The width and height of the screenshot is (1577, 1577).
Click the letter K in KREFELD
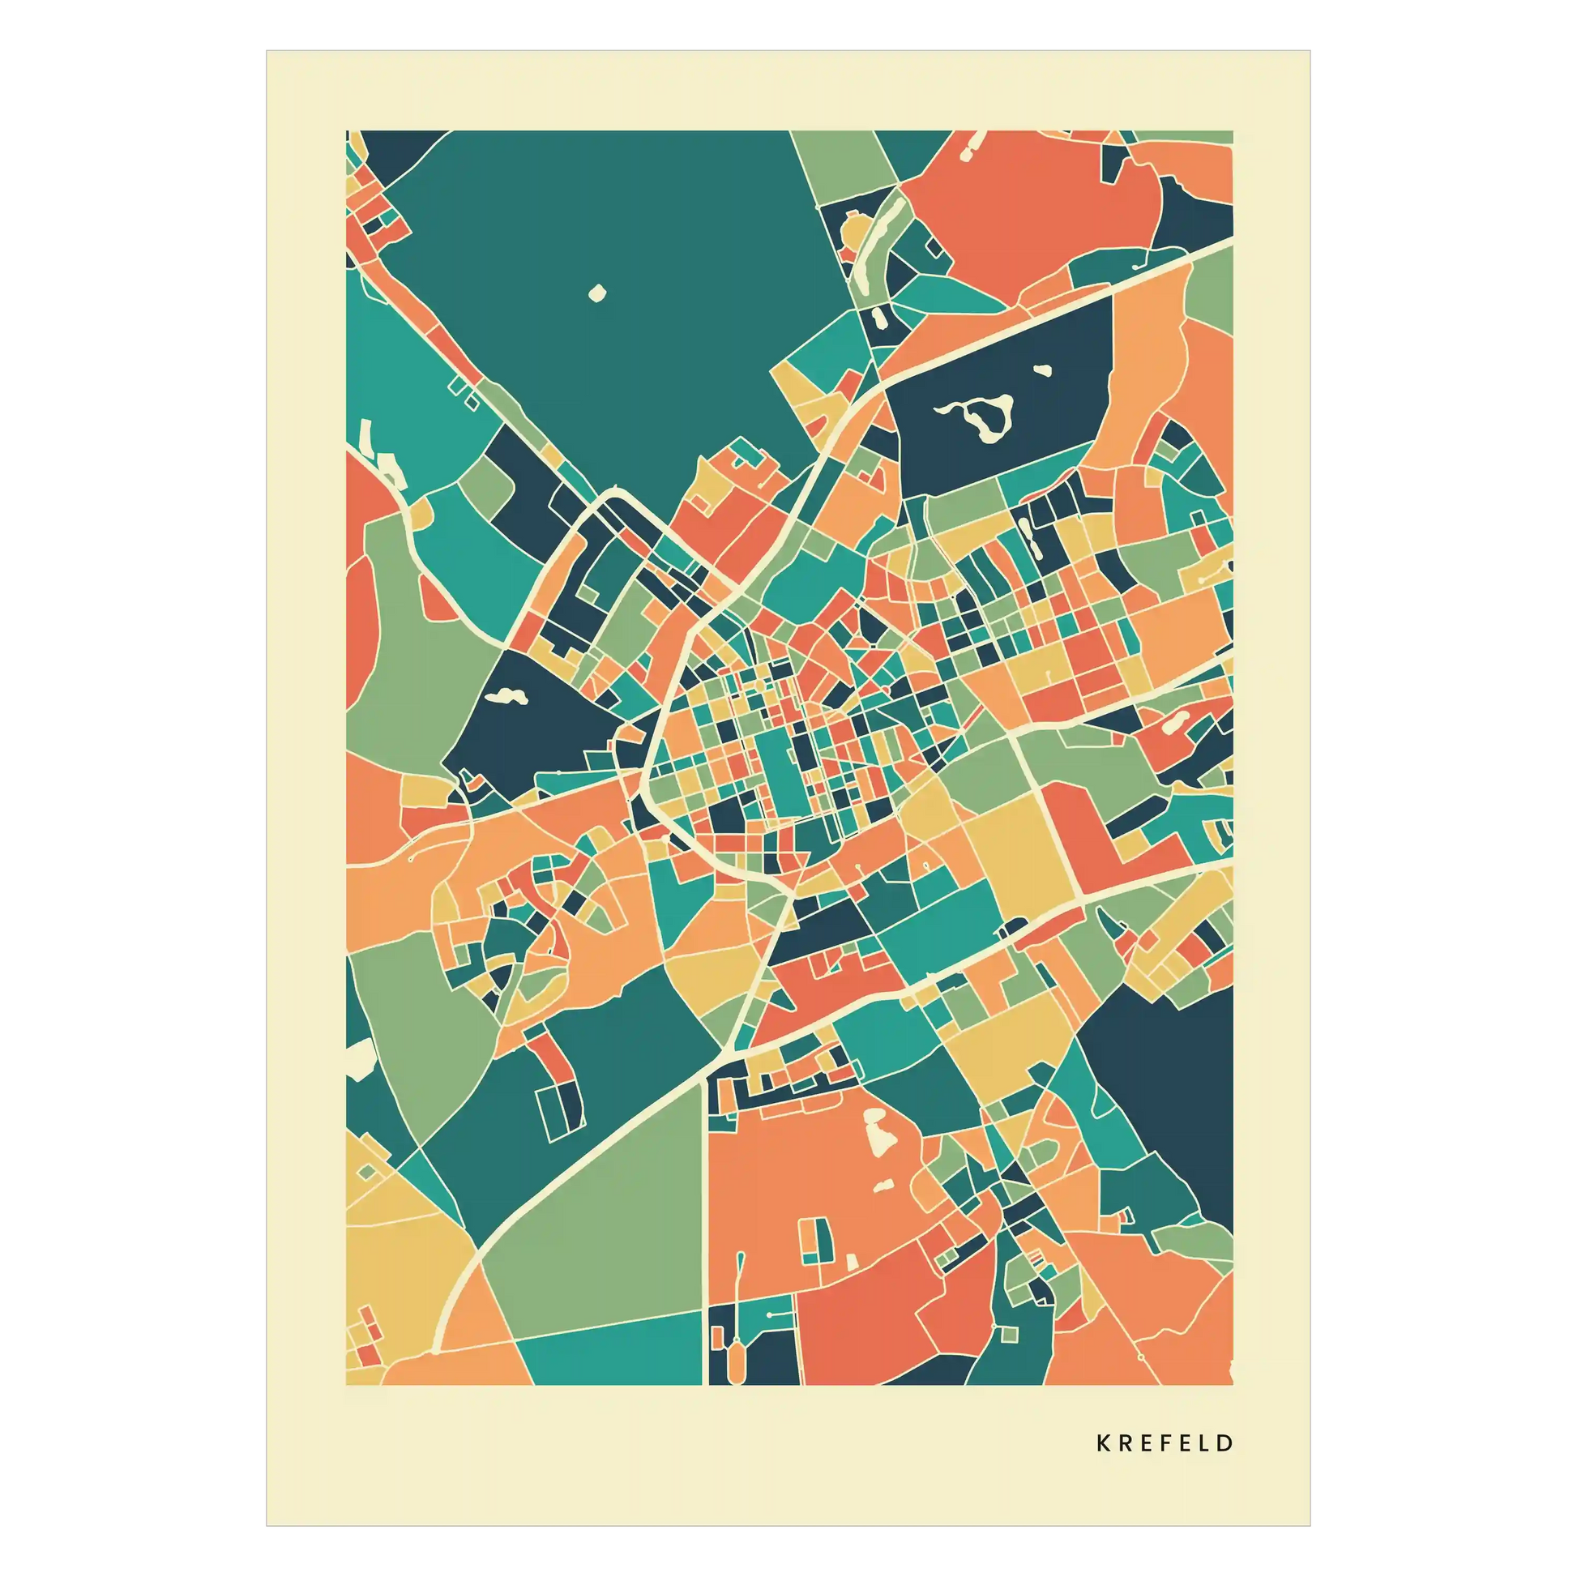[1103, 1443]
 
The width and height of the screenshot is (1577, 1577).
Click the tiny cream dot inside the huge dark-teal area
[597, 293]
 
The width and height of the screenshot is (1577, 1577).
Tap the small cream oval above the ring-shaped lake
[1042, 370]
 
